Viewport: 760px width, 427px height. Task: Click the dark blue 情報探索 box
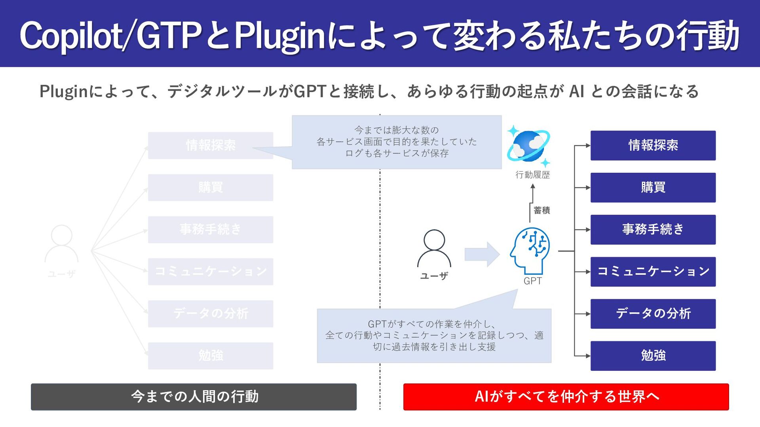tap(653, 145)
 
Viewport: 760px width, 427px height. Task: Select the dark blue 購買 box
tap(653, 187)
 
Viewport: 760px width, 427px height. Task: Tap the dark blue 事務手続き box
tap(653, 229)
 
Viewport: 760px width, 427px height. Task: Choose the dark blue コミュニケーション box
tap(653, 272)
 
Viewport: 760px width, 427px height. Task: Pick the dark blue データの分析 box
tap(653, 314)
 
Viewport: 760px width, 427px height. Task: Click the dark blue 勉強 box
tap(653, 355)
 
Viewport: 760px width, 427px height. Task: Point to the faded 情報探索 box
tap(210, 145)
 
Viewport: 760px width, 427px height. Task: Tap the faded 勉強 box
tap(210, 355)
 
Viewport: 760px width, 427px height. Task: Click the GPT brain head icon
tap(530, 250)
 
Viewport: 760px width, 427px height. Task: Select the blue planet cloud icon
tap(528, 145)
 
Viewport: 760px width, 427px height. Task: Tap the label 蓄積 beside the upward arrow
tap(541, 210)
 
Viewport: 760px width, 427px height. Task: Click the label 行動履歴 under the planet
tap(532, 175)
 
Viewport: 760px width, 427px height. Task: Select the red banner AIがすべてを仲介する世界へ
tap(566, 397)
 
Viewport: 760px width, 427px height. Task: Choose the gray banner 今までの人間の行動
tap(194, 397)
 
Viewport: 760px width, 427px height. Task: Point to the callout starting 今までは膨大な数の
tap(397, 142)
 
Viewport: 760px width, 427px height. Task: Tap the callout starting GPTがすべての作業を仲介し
tap(434, 335)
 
